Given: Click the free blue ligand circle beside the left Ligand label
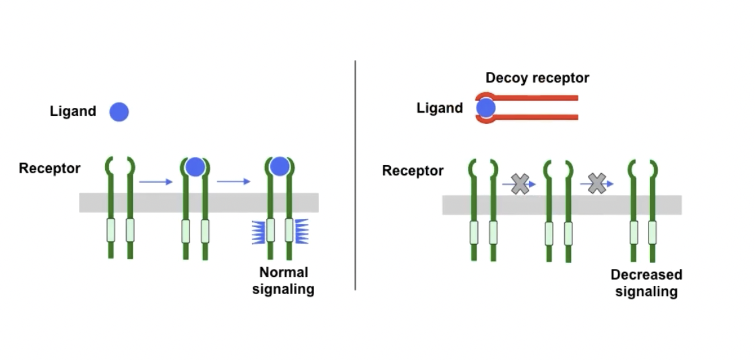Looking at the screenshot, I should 119,112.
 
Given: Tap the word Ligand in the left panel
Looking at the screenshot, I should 73,111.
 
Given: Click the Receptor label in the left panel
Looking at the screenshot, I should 49,168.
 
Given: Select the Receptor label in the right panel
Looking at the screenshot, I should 413,171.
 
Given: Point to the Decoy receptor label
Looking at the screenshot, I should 537,78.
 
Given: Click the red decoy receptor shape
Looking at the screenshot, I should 539,98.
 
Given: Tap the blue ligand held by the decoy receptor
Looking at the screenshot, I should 486,108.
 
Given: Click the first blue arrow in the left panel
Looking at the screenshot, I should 156,181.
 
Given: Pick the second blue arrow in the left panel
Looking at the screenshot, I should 233,181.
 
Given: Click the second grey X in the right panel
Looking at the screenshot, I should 597,183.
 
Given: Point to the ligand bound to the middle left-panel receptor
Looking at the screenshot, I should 195,167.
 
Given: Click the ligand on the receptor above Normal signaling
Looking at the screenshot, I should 279,166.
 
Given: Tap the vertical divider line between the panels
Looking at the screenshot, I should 355,175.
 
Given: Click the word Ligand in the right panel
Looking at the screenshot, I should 440,108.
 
